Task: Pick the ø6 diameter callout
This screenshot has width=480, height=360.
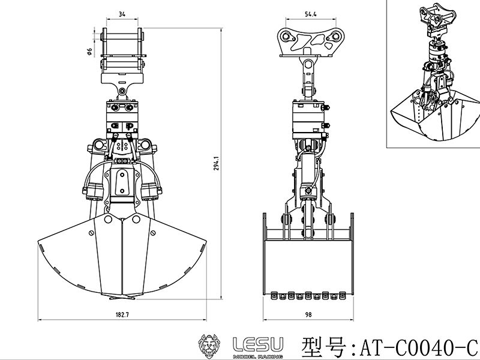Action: tap(89, 52)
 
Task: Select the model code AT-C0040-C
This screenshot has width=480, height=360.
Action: tap(418, 346)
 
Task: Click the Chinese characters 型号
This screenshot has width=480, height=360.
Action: tap(325, 346)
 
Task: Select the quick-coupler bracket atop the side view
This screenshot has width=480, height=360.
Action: tap(310, 41)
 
